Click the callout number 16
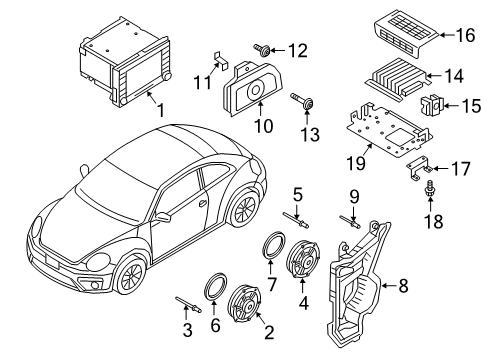click(x=465, y=35)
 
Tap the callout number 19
click(x=356, y=163)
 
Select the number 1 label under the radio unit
click(x=161, y=110)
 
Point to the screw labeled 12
click(x=262, y=50)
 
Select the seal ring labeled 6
click(x=215, y=286)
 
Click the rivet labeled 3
click(x=188, y=304)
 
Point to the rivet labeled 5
click(x=296, y=220)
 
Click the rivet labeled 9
click(x=350, y=222)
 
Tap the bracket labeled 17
click(x=418, y=170)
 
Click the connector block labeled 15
click(x=431, y=104)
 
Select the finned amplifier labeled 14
click(x=397, y=79)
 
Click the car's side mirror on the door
click(x=163, y=217)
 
